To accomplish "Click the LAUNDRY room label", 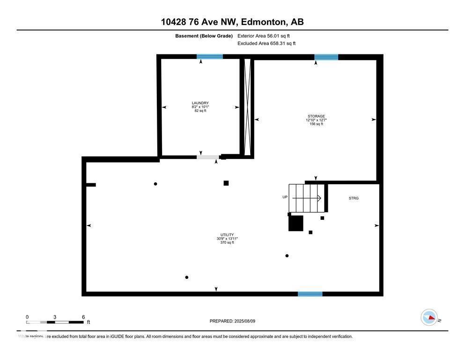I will pyautogui.click(x=200, y=103).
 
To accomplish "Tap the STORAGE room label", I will pyautogui.click(x=316, y=116).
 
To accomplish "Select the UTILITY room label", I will pyautogui.click(x=227, y=235).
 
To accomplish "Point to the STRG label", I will pyautogui.click(x=354, y=198).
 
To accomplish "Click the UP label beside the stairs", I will pyautogui.click(x=285, y=197).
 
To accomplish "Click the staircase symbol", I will pyautogui.click(x=306, y=198).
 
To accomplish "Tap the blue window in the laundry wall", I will pyautogui.click(x=210, y=57).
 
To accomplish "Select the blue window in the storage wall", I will pyautogui.click(x=326, y=57).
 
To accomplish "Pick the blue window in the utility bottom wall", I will pyautogui.click(x=310, y=294).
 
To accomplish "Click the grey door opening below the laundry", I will pyautogui.click(x=208, y=157).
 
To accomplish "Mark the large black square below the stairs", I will pyautogui.click(x=295, y=223).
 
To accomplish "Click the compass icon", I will pyautogui.click(x=429, y=317).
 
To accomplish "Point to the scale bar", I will pyautogui.click(x=55, y=322).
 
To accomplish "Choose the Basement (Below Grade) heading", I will pyautogui.click(x=204, y=36).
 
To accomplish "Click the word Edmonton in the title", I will pyautogui.click(x=265, y=22).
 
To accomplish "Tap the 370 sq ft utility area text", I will pyautogui.click(x=227, y=242).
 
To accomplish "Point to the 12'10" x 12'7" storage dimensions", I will pyautogui.click(x=316, y=120).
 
